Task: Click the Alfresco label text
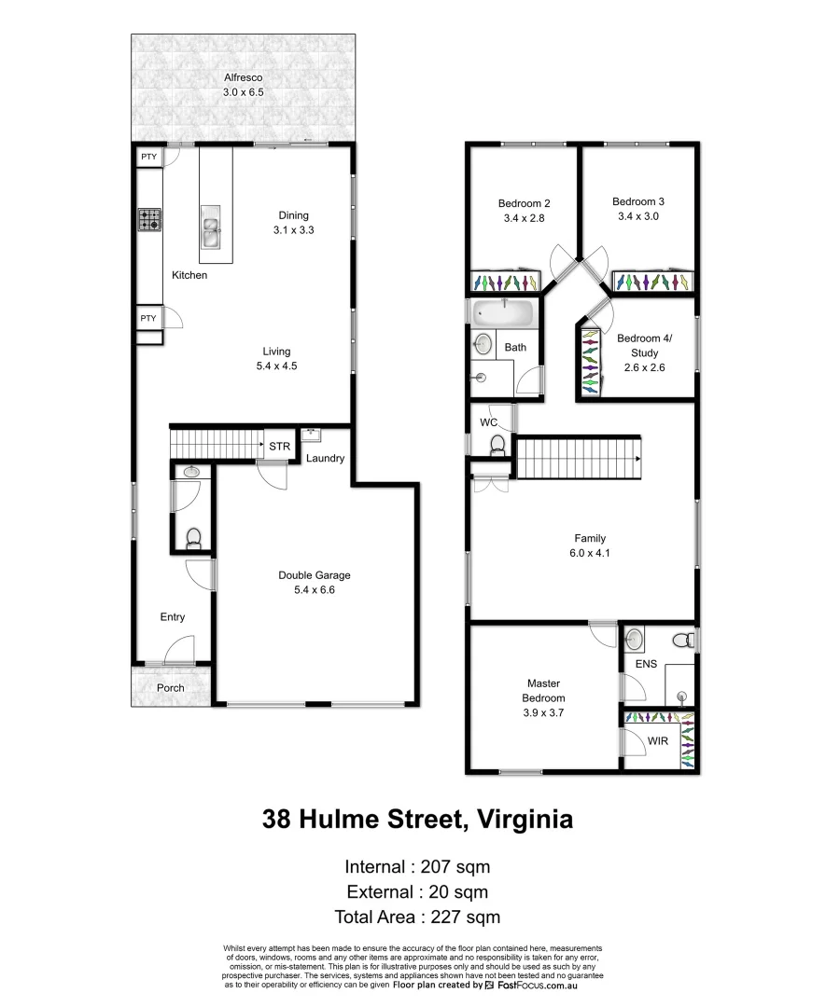pyautogui.click(x=243, y=77)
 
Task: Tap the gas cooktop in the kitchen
pyautogui.click(x=149, y=220)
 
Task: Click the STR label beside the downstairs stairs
pyautogui.click(x=279, y=447)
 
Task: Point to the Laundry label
pyautogui.click(x=325, y=458)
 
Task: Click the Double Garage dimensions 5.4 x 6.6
pyautogui.click(x=314, y=590)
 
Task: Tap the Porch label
pyautogui.click(x=171, y=688)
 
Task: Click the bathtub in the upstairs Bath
pyautogui.click(x=504, y=312)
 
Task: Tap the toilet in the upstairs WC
pyautogui.click(x=498, y=444)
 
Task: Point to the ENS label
pyautogui.click(x=647, y=664)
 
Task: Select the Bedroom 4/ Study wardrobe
pyautogui.click(x=589, y=360)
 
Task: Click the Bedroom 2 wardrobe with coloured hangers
pyautogui.click(x=505, y=281)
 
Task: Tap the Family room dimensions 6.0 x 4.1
pyautogui.click(x=590, y=553)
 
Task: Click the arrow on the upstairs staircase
pyautogui.click(x=637, y=460)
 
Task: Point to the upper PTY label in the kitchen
pyautogui.click(x=148, y=157)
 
